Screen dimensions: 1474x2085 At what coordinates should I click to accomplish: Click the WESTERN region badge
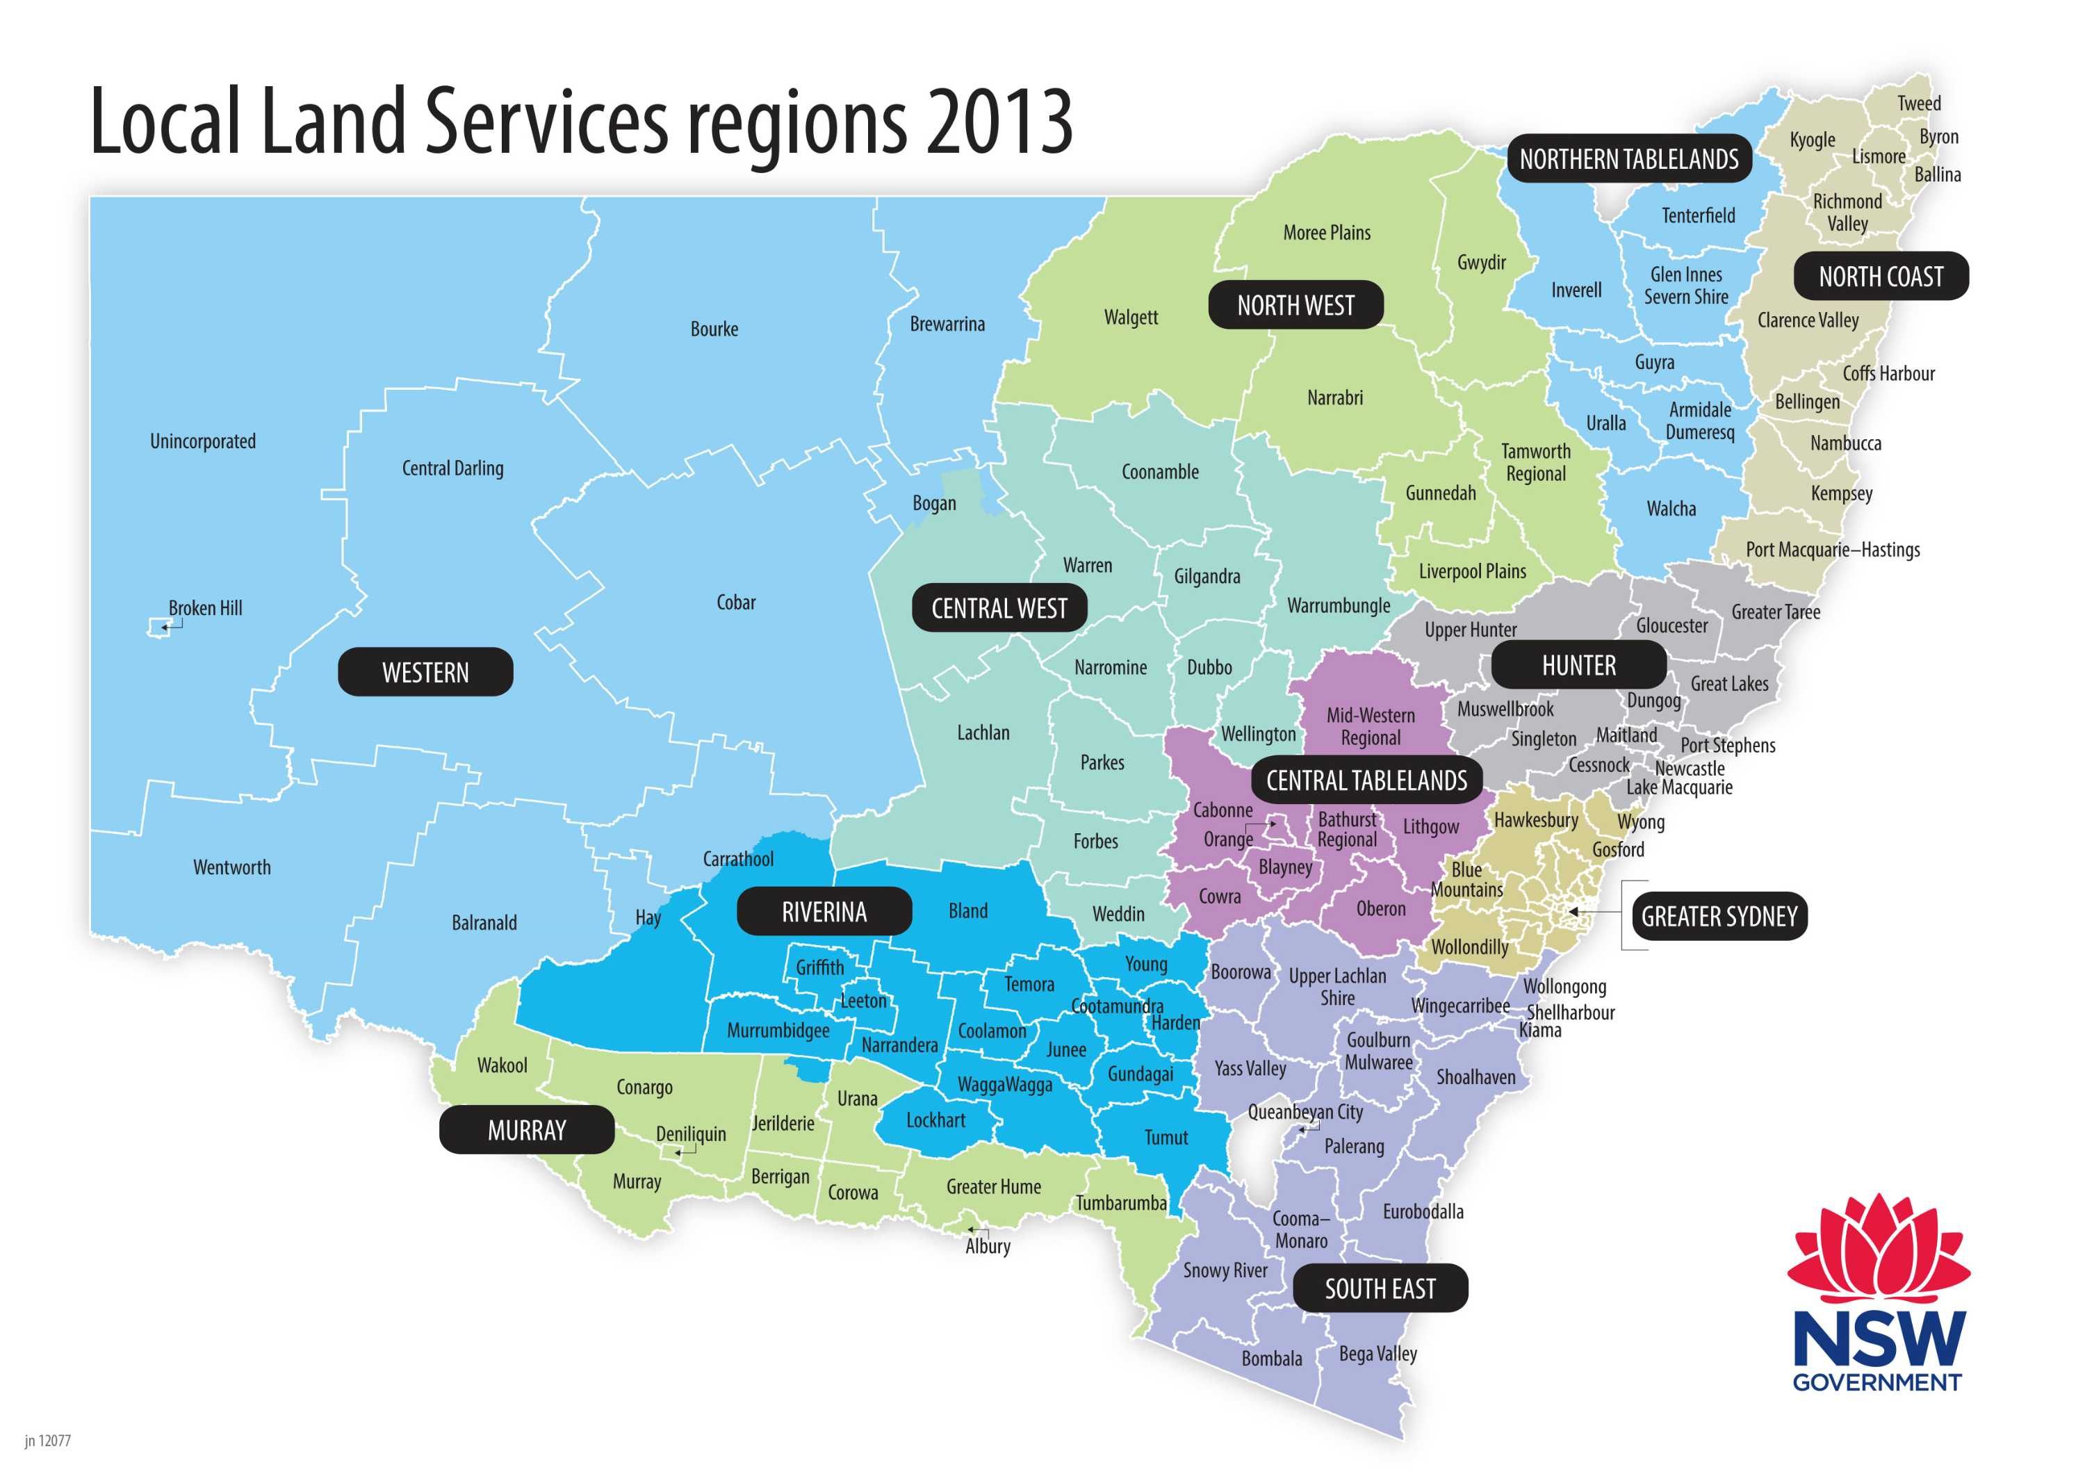[x=425, y=672]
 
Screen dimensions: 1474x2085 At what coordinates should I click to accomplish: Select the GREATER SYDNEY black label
[x=1718, y=917]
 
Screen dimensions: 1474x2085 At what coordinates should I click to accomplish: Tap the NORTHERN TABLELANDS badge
[x=1628, y=159]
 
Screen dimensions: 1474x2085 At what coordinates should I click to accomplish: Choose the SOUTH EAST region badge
[x=1380, y=1288]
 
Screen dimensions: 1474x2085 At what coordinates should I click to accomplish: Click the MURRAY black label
[x=527, y=1130]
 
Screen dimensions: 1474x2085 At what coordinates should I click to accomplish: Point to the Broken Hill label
[x=205, y=607]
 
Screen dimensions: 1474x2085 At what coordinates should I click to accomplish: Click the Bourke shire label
[x=714, y=329]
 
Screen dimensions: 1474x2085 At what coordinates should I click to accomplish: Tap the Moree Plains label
[x=1326, y=233]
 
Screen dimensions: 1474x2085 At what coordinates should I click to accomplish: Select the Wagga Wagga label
[x=1004, y=1084]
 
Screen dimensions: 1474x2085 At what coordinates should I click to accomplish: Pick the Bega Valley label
[x=1377, y=1353]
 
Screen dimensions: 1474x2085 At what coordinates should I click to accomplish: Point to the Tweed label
[x=1918, y=104]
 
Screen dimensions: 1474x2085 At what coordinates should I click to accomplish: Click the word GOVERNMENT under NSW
[x=1876, y=1382]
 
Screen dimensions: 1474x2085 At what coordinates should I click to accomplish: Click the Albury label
[x=987, y=1246]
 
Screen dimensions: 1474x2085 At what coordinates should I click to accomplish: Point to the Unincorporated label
[x=202, y=441]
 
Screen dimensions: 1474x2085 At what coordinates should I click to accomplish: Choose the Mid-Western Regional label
[x=1371, y=726]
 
